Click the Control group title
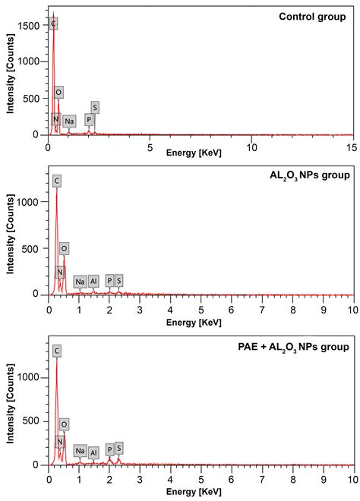[x=311, y=17]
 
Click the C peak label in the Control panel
[x=53, y=24]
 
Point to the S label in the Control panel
[x=95, y=107]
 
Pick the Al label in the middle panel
[x=93, y=281]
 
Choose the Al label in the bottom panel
[x=93, y=452]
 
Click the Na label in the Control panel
[x=69, y=121]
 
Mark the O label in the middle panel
[x=65, y=248]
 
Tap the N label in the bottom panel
[x=59, y=441]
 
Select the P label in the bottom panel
[x=109, y=449]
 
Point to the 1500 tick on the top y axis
[x=32, y=27]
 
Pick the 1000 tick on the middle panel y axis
[x=32, y=203]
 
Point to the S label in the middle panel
[x=118, y=281]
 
